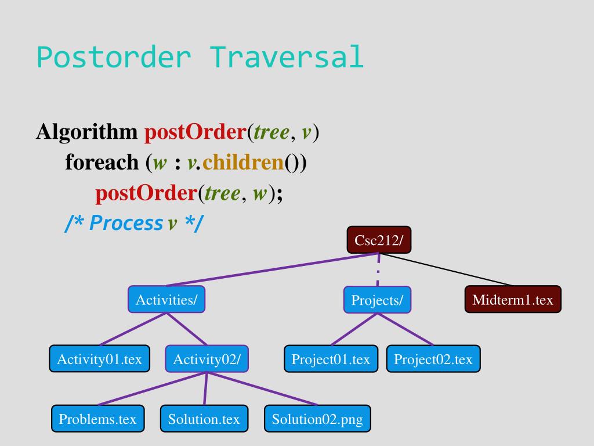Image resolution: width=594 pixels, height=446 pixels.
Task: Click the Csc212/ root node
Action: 379,240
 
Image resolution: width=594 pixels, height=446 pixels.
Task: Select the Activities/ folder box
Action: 166,300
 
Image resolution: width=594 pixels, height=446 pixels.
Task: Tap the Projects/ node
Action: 377,300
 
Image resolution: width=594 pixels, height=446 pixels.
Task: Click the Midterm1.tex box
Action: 513,300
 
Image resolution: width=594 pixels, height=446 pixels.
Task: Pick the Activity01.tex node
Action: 99,359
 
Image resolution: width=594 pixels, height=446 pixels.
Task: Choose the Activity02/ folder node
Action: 207,359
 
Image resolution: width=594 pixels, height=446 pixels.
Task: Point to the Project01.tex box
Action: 331,359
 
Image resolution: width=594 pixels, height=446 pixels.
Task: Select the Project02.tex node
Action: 433,359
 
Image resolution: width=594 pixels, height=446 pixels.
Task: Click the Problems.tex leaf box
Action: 97,419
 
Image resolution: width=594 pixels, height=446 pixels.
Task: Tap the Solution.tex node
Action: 204,419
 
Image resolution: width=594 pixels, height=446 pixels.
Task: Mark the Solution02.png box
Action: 317,419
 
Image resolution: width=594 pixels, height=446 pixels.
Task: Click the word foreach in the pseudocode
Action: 102,162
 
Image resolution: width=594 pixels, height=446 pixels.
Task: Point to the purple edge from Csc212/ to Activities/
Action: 273,269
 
